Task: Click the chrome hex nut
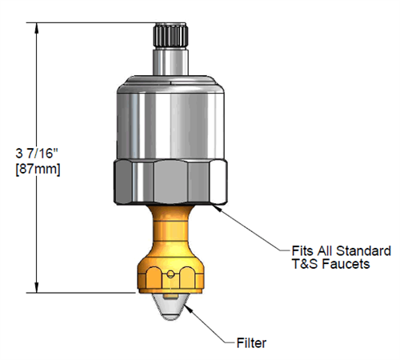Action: point(169,182)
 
